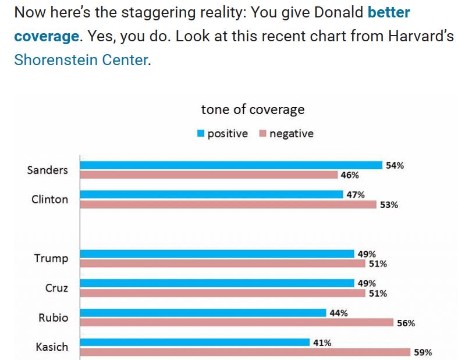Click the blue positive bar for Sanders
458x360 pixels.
(230, 165)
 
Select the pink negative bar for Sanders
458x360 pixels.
(208, 174)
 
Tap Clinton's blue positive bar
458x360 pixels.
(211, 194)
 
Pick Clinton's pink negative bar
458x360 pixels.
(228, 204)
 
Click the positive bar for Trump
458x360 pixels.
(216, 254)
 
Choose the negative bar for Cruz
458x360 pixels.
(222, 293)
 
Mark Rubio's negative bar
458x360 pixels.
(236, 323)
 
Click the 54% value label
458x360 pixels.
(395, 165)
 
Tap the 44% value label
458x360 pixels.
(339, 313)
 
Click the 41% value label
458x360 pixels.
(322, 343)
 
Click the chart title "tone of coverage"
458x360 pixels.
(253, 109)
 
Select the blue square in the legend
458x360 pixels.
(201, 134)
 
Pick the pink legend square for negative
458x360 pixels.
(262, 134)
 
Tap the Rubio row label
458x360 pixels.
(53, 318)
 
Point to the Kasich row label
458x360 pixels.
(52, 347)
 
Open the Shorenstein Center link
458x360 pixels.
(80, 60)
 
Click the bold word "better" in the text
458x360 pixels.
(389, 13)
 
